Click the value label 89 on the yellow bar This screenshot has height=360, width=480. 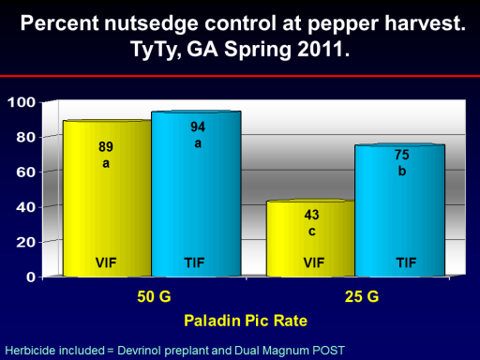click(106, 146)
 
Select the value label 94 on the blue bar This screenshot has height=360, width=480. click(198, 127)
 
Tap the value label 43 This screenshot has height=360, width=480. click(311, 215)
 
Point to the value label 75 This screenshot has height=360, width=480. click(401, 155)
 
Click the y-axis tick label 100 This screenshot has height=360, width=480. click(22, 102)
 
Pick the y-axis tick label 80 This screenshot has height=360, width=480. click(26, 137)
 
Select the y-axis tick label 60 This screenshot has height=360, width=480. click(26, 172)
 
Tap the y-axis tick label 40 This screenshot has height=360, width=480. click(26, 207)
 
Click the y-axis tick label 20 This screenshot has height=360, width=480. click(26, 242)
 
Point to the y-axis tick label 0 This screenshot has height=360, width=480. click(31, 277)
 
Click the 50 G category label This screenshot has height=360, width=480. click(154, 296)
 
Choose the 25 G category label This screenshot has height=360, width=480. click(362, 296)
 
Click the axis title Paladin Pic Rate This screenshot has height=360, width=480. click(246, 321)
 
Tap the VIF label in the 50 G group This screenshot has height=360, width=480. click(106, 262)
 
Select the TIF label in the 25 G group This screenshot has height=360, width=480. click(406, 262)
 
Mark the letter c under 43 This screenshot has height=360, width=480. click(312, 232)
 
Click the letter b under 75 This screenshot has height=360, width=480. click(402, 171)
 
